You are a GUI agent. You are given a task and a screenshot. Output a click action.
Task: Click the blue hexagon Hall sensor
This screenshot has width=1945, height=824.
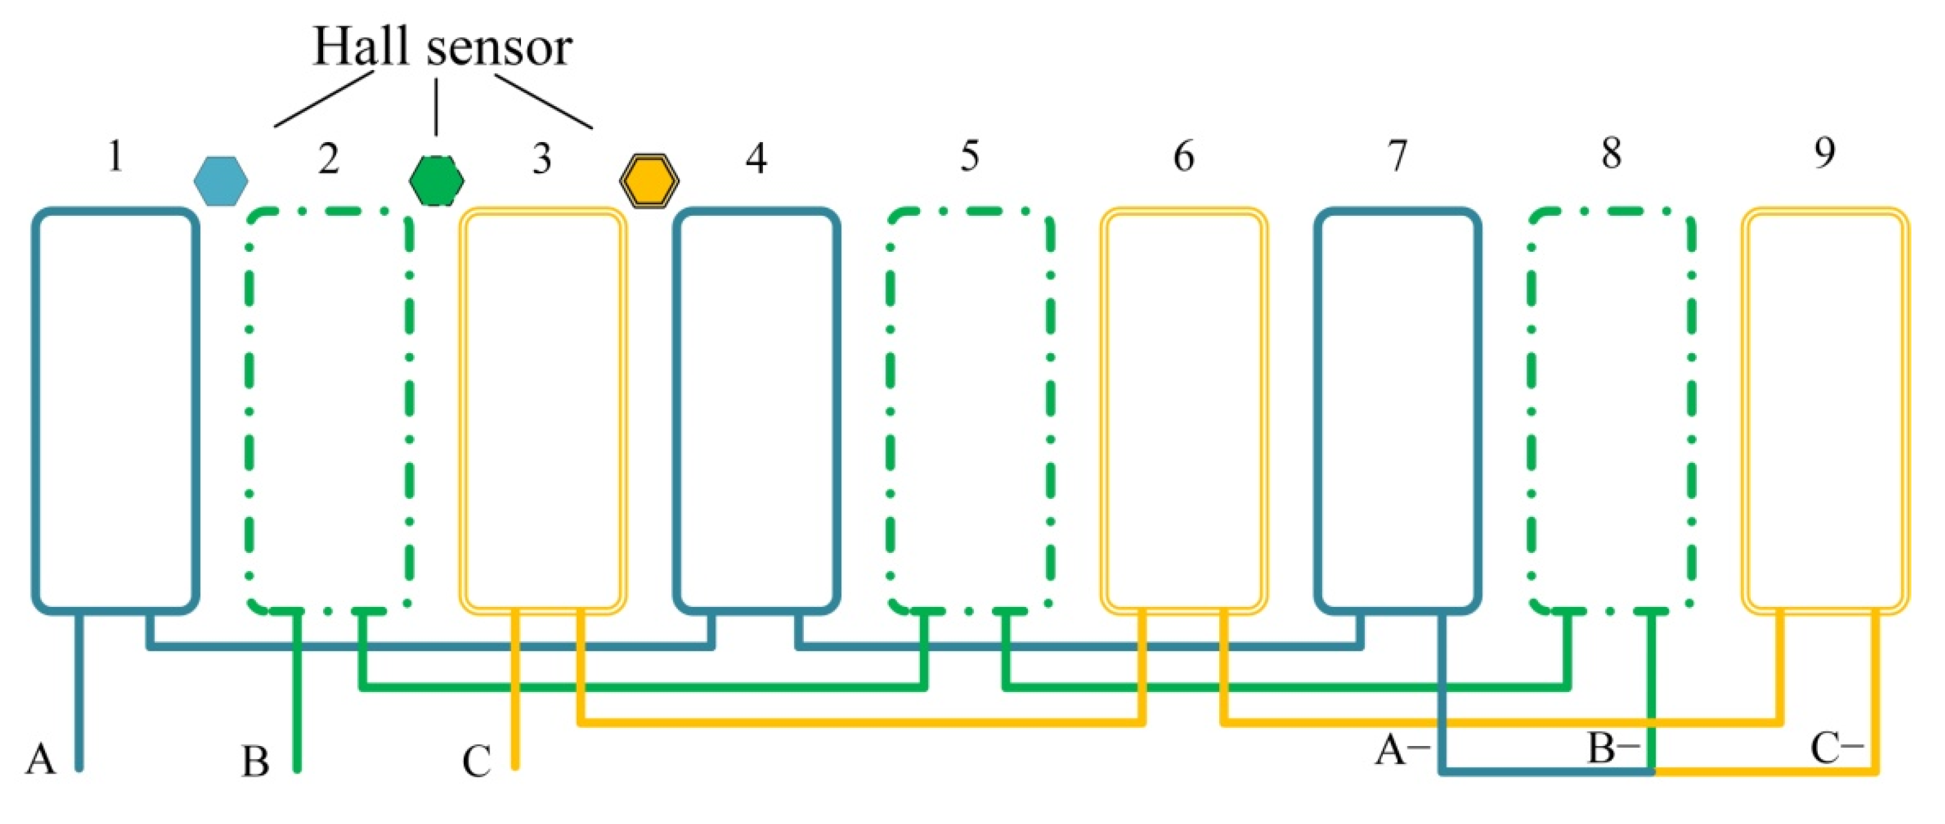pos(221,181)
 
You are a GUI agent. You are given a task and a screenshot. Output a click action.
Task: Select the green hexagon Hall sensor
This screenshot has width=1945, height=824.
pos(436,181)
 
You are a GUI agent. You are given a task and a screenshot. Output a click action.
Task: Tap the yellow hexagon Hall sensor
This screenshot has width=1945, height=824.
pos(649,181)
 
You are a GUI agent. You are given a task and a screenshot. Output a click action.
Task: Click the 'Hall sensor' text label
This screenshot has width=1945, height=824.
pos(442,47)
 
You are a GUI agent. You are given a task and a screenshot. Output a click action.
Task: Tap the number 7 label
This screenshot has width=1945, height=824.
pos(1398,155)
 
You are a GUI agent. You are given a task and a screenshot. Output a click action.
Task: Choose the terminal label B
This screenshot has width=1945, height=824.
pos(255,761)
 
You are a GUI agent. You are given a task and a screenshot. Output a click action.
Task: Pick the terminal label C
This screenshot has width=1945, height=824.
pos(477,761)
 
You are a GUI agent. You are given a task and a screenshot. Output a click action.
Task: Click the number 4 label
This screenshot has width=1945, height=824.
pos(756,158)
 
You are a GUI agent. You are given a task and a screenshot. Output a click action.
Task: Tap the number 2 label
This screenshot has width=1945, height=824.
pos(328,158)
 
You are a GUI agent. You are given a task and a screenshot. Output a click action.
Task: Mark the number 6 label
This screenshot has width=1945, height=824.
pos(1184,157)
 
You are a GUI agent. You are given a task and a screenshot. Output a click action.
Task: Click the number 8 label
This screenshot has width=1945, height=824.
pos(1611,154)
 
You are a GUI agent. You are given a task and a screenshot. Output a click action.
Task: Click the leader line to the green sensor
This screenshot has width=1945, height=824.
pos(436,106)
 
